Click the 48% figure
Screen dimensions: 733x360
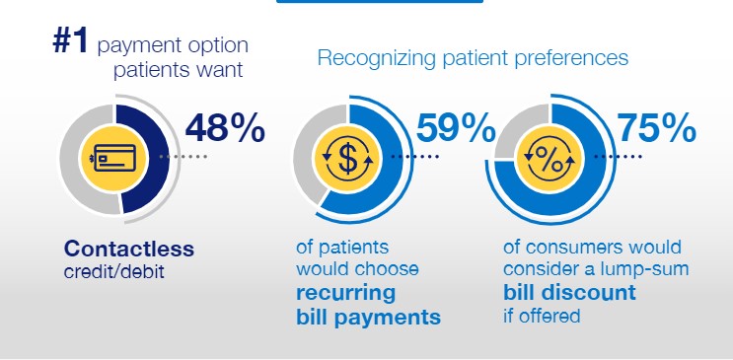point(225,128)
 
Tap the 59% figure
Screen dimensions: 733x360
point(456,127)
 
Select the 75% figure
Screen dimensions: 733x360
point(657,128)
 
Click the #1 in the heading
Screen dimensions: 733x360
point(70,40)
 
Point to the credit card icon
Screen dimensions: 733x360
point(114,158)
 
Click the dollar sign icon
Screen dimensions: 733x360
point(347,159)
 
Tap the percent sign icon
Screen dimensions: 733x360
point(550,158)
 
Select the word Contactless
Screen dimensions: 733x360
point(129,249)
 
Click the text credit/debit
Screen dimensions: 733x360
point(114,272)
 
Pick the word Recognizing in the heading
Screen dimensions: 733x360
point(376,59)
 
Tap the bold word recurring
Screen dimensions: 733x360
point(346,294)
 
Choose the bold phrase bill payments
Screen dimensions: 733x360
point(368,317)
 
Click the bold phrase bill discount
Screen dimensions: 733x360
point(569,292)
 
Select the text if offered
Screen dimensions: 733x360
point(542,316)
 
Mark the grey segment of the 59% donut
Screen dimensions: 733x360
point(311,154)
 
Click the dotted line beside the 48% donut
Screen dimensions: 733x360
point(183,157)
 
